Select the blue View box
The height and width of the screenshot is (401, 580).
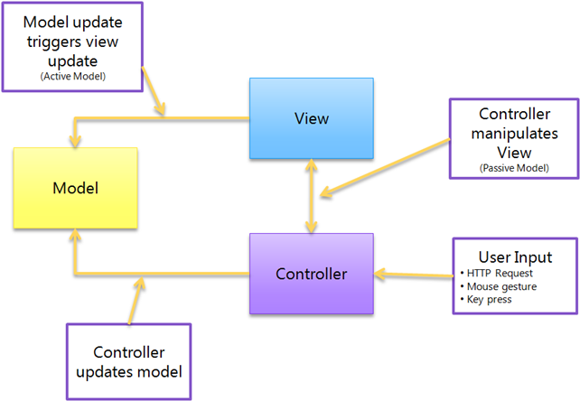click(x=311, y=118)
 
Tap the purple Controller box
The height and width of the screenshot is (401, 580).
click(x=311, y=274)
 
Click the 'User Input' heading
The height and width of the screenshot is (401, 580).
click(x=514, y=256)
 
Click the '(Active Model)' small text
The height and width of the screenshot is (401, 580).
click(x=72, y=77)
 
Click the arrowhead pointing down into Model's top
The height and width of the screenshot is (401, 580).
click(x=75, y=141)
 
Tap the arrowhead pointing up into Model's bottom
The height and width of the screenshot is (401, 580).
click(x=75, y=236)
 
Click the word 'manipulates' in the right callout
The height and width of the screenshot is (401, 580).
click(x=514, y=134)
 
